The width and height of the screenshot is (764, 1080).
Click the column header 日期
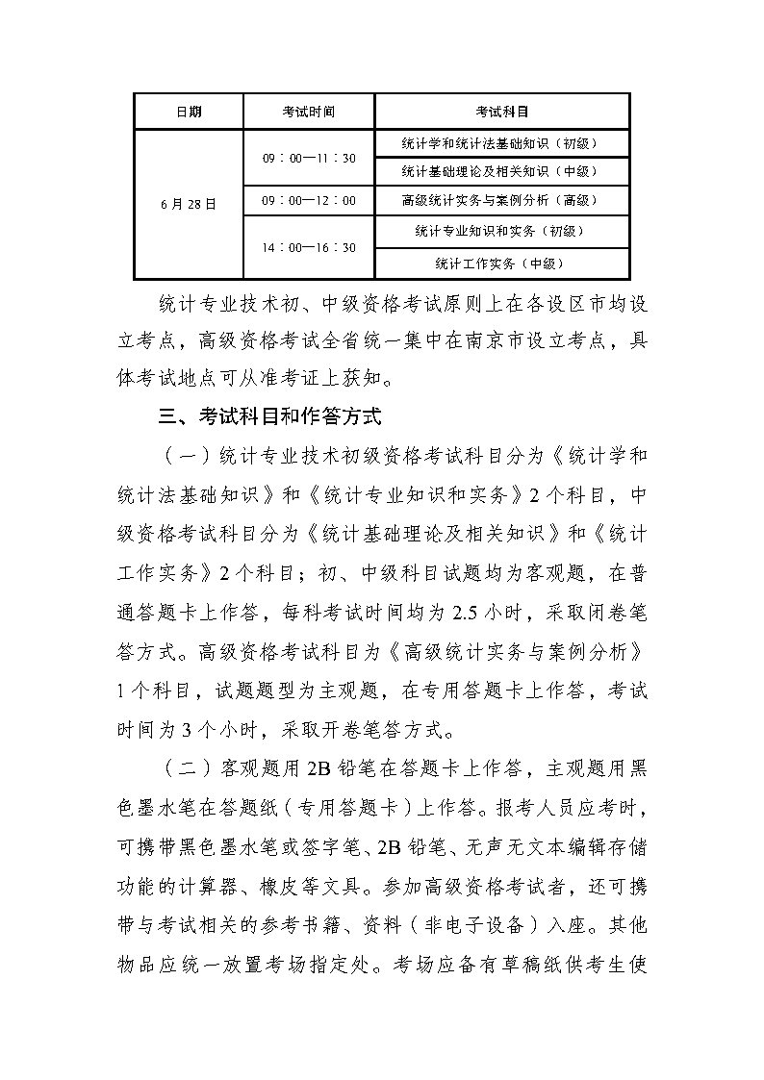tap(189, 112)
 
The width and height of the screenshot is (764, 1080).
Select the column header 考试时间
tap(309, 112)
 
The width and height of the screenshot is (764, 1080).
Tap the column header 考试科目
tap(501, 112)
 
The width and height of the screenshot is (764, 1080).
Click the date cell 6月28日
tap(189, 204)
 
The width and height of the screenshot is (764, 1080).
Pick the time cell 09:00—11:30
tap(309, 158)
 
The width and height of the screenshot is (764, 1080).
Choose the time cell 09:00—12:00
tap(309, 201)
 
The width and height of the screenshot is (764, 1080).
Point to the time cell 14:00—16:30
tap(309, 247)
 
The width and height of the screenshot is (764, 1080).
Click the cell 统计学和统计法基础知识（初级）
tap(501, 143)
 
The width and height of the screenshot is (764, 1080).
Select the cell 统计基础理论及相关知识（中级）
tap(501, 171)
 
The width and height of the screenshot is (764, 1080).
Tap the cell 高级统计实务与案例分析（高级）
tap(501, 201)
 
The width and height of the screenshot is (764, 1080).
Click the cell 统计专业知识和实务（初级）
tap(501, 231)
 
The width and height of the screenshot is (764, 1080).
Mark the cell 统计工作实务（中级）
tap(501, 263)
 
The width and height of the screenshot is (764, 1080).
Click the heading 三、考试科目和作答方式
tap(271, 417)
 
